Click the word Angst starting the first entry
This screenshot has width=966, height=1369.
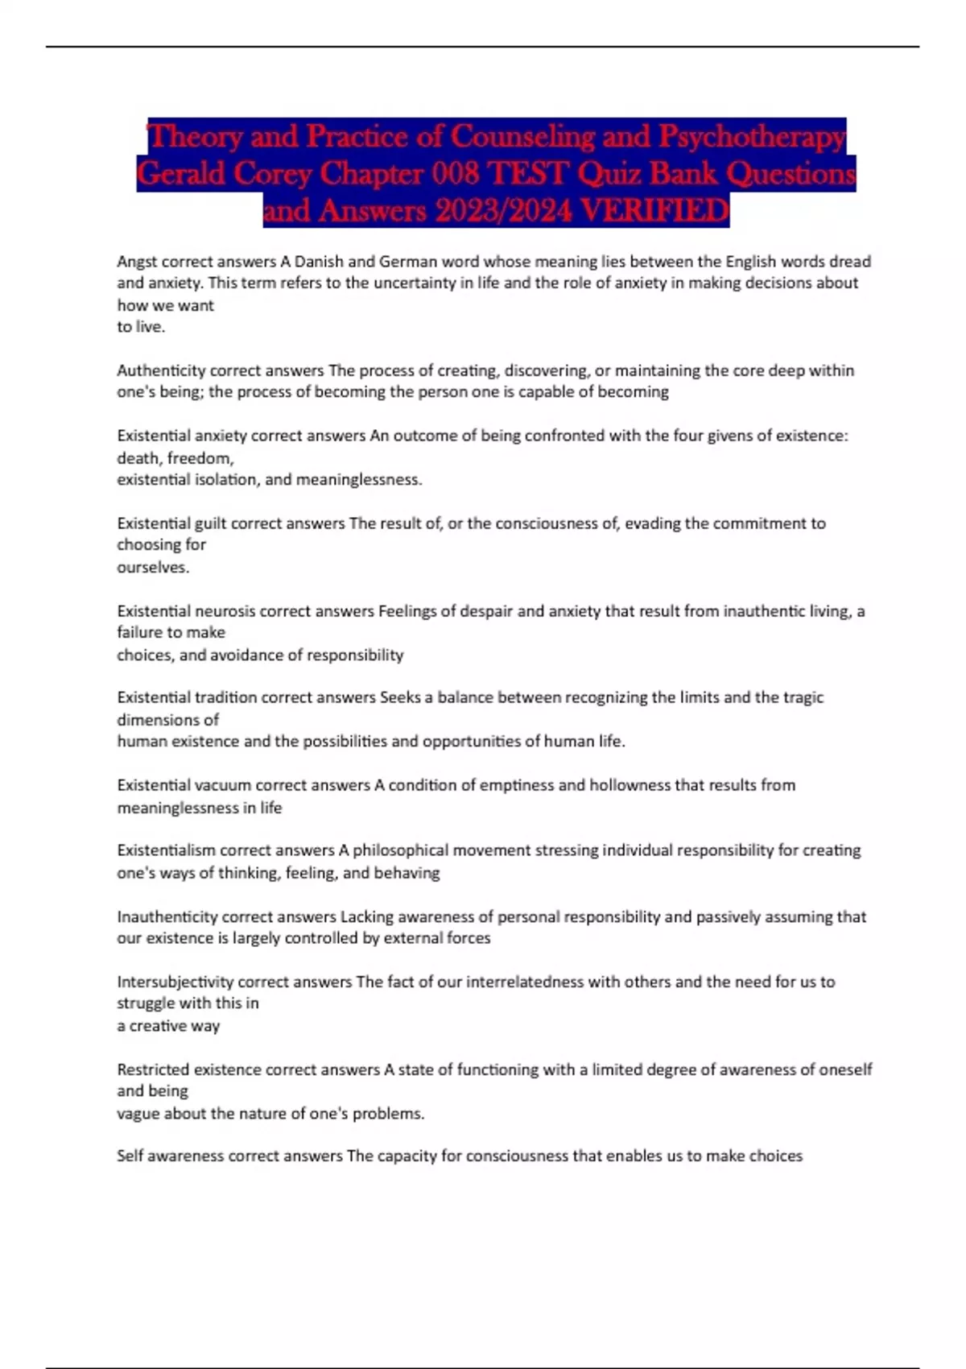pyautogui.click(x=138, y=262)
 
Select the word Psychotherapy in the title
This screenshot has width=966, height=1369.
pyautogui.click(x=752, y=137)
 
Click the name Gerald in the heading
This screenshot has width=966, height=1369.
pyautogui.click(x=180, y=174)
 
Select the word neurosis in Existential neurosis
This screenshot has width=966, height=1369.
pyautogui.click(x=225, y=611)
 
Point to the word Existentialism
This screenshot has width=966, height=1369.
pyautogui.click(x=166, y=850)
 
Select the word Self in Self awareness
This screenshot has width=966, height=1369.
pyautogui.click(x=129, y=1156)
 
